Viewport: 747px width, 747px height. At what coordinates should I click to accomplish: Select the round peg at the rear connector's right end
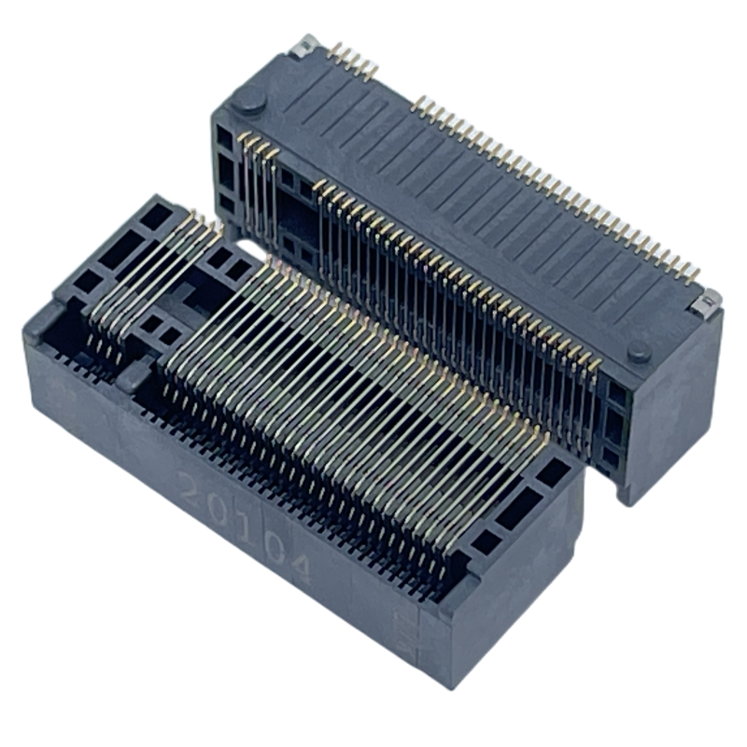(x=639, y=351)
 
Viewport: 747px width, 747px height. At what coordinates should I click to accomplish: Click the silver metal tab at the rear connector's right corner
(x=706, y=303)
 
